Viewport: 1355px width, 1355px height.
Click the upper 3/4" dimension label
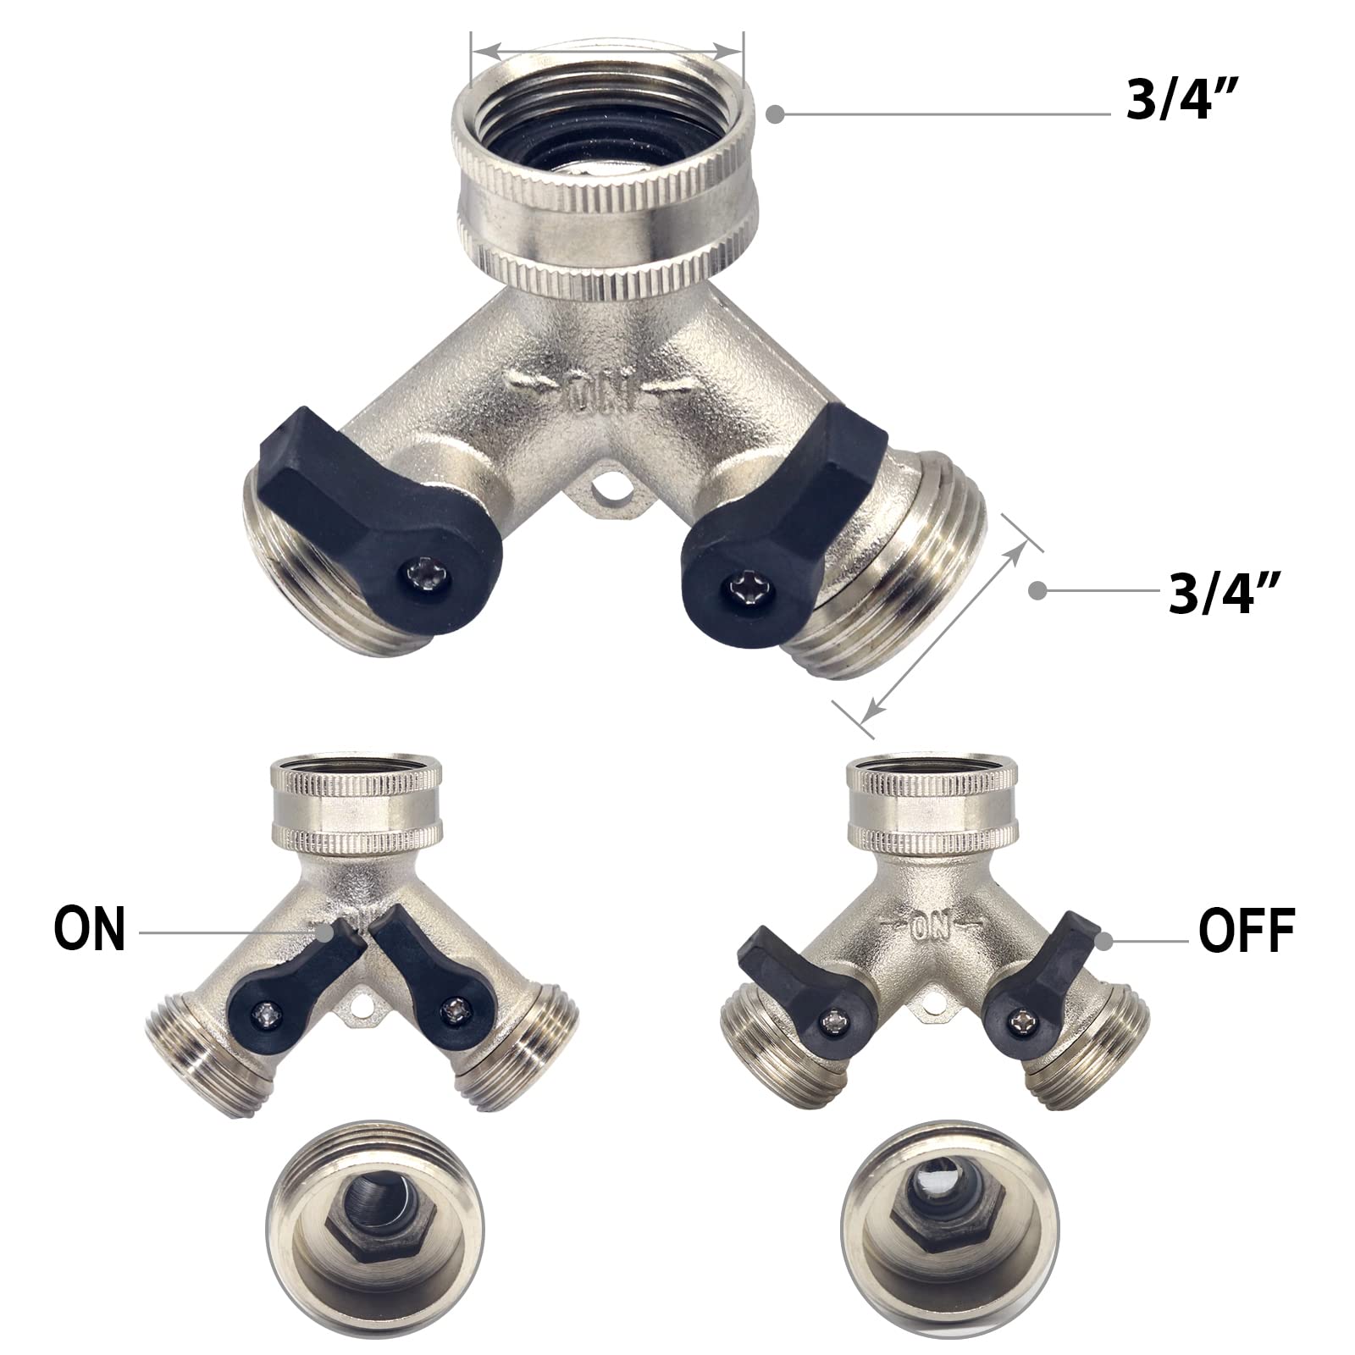(x=1183, y=102)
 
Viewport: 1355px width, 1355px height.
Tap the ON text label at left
(x=90, y=929)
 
